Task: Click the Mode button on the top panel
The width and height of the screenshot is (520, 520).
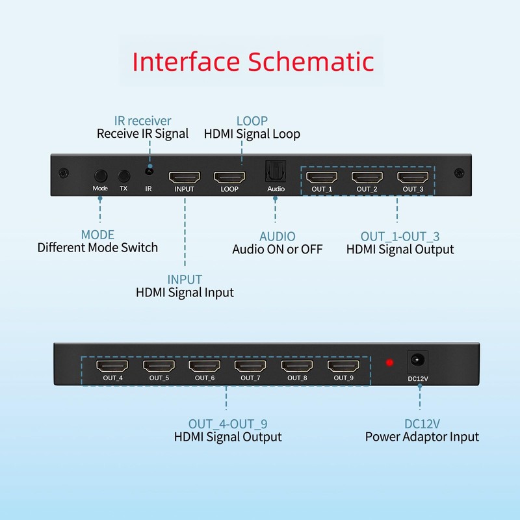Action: click(x=100, y=175)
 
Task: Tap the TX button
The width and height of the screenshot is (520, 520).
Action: click(x=123, y=175)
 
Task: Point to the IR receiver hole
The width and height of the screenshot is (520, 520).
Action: click(x=149, y=170)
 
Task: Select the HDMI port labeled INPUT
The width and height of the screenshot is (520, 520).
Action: click(x=185, y=176)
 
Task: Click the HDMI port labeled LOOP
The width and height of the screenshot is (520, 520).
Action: click(x=229, y=176)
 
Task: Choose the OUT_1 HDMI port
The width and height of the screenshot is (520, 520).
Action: click(x=322, y=176)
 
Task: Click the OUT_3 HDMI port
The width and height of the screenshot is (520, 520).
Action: click(x=413, y=176)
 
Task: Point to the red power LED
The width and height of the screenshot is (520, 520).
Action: click(x=389, y=362)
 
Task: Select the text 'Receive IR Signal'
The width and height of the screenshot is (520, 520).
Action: click(x=142, y=134)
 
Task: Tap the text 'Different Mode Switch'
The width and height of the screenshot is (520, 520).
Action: click(x=97, y=247)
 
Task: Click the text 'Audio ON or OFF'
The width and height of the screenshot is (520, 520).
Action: click(x=277, y=249)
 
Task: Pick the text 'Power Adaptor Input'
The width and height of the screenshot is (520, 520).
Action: click(x=422, y=437)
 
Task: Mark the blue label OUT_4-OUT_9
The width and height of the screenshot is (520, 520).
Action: click(x=227, y=424)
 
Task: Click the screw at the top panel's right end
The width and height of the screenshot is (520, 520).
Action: click(x=459, y=174)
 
